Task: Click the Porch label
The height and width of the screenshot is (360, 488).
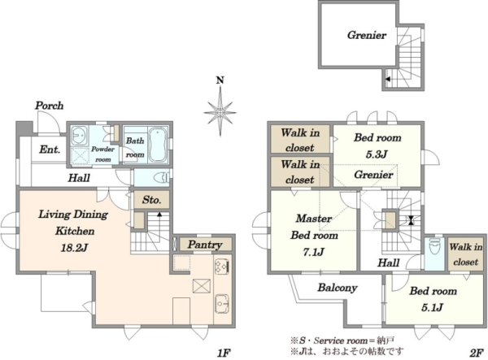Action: pyautogui.click(x=49, y=106)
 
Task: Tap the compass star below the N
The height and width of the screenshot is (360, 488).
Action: pyautogui.click(x=220, y=111)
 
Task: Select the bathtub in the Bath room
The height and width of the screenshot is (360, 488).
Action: pyautogui.click(x=159, y=145)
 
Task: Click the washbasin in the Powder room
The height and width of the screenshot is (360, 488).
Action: pyautogui.click(x=79, y=136)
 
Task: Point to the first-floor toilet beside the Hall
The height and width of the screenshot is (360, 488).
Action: pyautogui.click(x=162, y=178)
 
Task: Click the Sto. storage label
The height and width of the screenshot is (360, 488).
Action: pyautogui.click(x=151, y=200)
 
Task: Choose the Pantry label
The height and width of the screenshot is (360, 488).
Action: pyautogui.click(x=205, y=245)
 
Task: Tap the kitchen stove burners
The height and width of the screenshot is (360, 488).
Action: pyautogui.click(x=222, y=267)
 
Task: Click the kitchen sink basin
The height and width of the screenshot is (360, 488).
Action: pyautogui.click(x=222, y=303)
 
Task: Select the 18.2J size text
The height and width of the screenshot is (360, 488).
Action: pyautogui.click(x=74, y=248)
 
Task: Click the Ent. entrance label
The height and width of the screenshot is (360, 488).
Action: pyautogui.click(x=50, y=150)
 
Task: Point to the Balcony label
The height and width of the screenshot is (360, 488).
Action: pyautogui.click(x=338, y=288)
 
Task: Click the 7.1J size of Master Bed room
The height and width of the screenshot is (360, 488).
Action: pyautogui.click(x=314, y=251)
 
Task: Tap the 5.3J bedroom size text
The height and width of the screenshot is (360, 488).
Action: pyautogui.click(x=377, y=154)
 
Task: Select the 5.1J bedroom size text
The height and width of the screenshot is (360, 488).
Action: pyautogui.click(x=433, y=307)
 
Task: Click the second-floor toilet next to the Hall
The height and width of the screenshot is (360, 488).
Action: pyautogui.click(x=434, y=248)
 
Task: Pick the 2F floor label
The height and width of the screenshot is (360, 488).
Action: pyautogui.click(x=476, y=353)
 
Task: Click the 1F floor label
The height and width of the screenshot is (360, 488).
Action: pyautogui.click(x=223, y=353)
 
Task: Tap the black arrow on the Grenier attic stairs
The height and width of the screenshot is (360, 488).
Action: pyautogui.click(x=388, y=79)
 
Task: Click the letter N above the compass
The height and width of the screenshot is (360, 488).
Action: pyautogui.click(x=220, y=80)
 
